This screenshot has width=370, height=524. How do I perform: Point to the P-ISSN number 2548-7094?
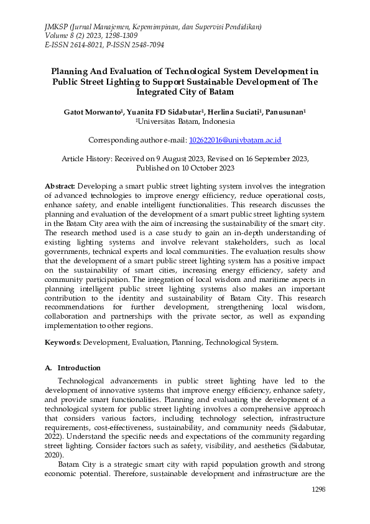(x=143, y=45)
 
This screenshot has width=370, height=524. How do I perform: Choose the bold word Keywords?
(x=62, y=342)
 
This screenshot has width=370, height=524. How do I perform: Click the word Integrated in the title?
(x=162, y=92)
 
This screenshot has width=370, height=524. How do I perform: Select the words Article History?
(x=86, y=159)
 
